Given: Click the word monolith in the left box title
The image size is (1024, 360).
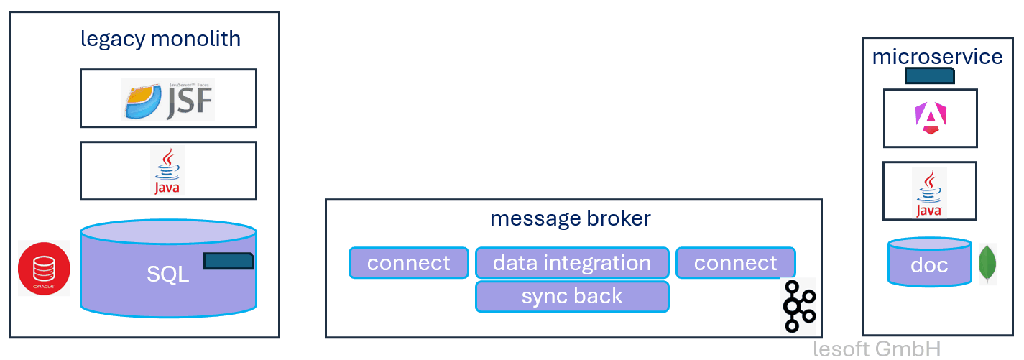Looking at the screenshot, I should point(195,39).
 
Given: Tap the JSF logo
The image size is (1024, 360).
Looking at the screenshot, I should point(168,99).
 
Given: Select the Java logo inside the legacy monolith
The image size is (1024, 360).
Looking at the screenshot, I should point(167,171).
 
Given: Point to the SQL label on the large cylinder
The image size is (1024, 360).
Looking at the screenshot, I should point(167,274).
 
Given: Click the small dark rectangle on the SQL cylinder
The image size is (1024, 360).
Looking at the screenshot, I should point(228,261).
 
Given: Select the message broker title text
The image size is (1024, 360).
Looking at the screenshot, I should point(570,218).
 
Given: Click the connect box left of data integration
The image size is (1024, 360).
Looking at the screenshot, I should point(408,263).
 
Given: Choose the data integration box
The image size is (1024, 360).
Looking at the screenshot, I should point(572,263).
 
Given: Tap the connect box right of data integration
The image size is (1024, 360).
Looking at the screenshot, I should point(735,263).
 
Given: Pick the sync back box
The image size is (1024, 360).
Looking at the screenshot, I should point(572,296).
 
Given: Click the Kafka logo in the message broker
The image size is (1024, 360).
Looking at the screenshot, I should point(798,306).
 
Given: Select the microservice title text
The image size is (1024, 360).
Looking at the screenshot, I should point(937,57).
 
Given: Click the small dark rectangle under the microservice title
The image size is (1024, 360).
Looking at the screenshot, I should point(929,75).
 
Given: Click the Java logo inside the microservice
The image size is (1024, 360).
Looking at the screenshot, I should point(928,192).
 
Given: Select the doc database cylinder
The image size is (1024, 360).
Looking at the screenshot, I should point(929,264).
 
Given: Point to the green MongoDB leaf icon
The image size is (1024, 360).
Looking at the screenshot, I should point(988,264).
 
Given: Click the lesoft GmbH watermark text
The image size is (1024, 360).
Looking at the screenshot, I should point(877,349).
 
